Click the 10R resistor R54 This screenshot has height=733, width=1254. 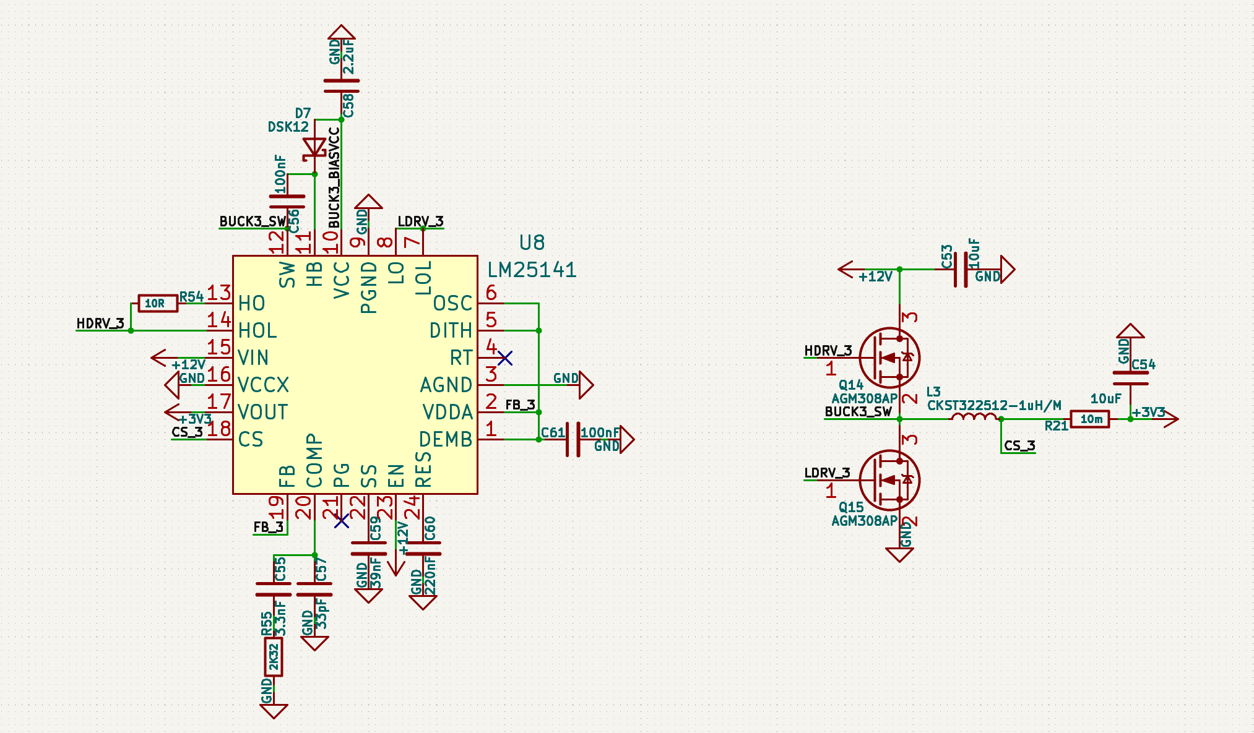pos(158,303)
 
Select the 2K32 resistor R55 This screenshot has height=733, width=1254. pos(274,657)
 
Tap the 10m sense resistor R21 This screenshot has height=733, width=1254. pos(1091,419)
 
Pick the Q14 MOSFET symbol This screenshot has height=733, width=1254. pos(889,358)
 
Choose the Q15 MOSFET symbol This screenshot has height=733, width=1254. pos(889,480)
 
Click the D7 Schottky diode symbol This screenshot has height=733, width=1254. pos(314,148)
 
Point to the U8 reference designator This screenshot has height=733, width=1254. pos(532,242)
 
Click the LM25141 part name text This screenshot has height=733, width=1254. pos(532,270)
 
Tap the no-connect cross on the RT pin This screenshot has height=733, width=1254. pos(505,358)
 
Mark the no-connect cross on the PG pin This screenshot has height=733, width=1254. pos(342,521)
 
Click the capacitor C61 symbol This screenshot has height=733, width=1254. pos(573,439)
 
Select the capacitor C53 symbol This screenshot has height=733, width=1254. pos(961,270)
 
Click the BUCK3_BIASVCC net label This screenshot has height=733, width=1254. pos(334,178)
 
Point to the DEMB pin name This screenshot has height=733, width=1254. pos(446,439)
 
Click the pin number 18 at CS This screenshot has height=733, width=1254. pos(219,428)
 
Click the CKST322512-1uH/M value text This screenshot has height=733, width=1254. pos(994,405)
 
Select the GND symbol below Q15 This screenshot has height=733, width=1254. pos(899,554)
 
